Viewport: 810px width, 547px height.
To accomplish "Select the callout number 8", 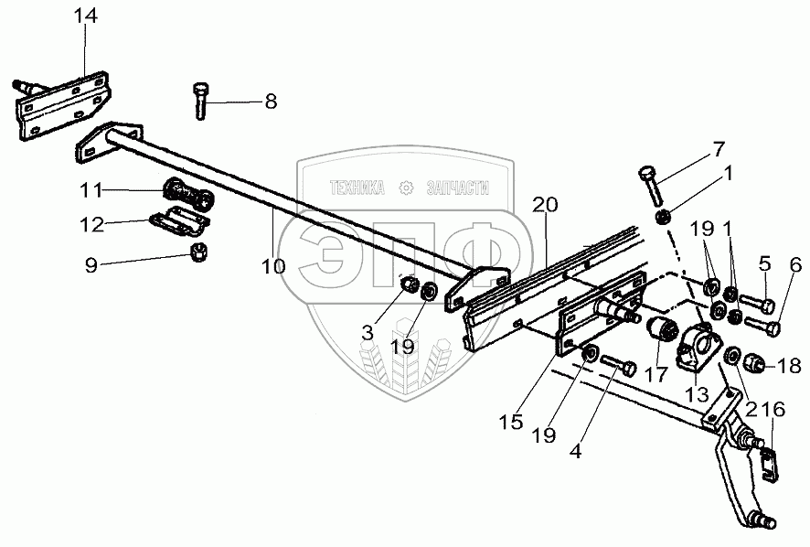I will [x=271, y=102].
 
